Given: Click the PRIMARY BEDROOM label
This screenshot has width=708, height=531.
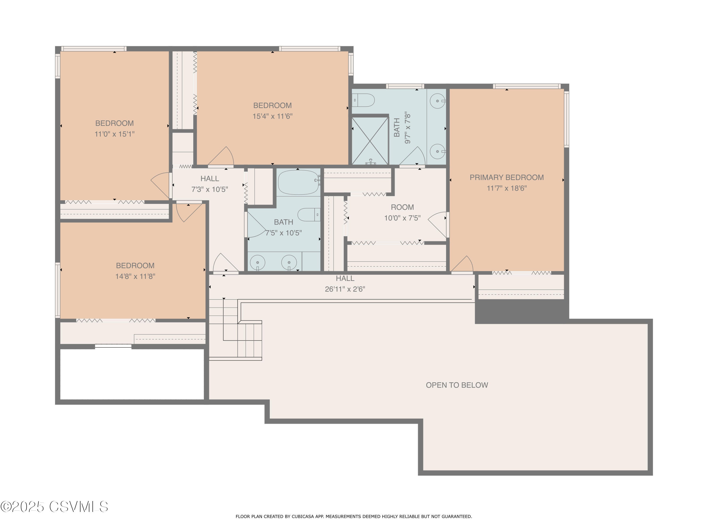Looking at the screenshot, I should coord(506,177).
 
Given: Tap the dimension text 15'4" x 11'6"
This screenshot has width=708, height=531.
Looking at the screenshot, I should coord(272,116).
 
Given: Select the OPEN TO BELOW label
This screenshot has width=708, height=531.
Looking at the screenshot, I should coord(457,385).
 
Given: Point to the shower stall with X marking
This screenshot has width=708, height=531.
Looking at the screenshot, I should coord(370,141).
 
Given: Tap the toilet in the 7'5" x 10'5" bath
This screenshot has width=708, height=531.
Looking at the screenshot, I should coord(308,215).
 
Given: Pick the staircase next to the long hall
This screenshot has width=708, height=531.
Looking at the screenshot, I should coord(235,330).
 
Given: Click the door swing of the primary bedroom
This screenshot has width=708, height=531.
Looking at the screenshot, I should coord(463,264).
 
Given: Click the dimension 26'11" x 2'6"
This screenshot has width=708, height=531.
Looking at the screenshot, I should coord(345,289).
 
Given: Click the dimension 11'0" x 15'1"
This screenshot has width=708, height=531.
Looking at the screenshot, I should coord(114,134).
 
